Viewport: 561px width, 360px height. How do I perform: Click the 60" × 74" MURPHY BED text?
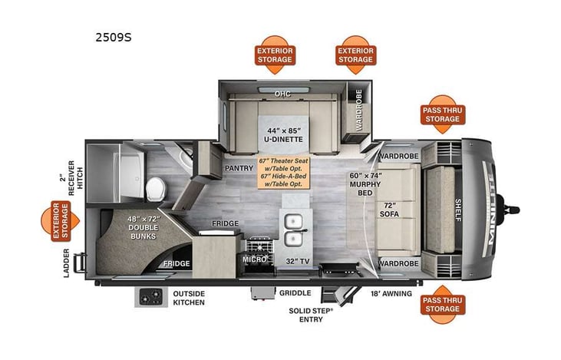[x=365, y=184]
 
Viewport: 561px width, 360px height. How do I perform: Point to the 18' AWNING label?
[x=391, y=293]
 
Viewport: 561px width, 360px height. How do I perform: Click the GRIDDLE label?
[x=295, y=293]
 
